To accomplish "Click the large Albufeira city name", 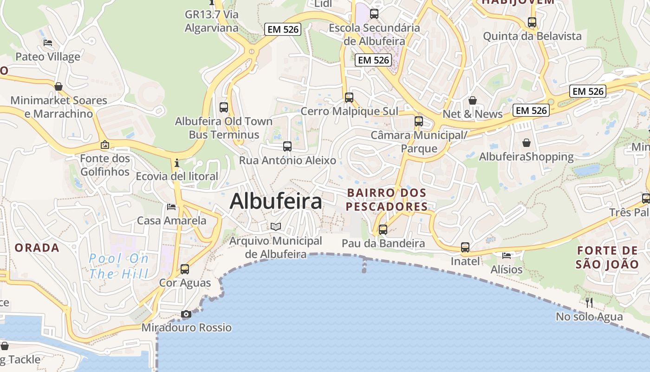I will [x=276, y=201].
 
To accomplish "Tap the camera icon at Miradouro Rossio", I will [x=186, y=314].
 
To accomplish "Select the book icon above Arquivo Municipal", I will [x=276, y=226].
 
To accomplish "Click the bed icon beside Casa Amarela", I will [x=171, y=206].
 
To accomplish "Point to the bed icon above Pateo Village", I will [x=48, y=43].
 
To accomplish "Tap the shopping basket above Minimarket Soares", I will [x=58, y=86].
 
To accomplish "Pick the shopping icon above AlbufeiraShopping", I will [x=526, y=143].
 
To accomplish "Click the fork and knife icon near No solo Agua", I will [x=589, y=303].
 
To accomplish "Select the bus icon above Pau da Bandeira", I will [x=383, y=229].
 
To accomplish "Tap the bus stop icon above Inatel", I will [x=465, y=247].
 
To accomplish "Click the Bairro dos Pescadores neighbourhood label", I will [x=387, y=199].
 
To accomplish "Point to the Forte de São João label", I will [x=607, y=258].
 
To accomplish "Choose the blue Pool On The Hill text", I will [x=119, y=266].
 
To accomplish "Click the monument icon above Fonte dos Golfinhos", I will [x=105, y=145].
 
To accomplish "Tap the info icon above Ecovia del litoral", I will [x=176, y=163].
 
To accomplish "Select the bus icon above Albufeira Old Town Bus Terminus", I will [x=224, y=107].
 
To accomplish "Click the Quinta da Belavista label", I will [x=532, y=36].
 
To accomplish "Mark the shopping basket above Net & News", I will [x=473, y=100].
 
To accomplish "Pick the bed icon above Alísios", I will [x=507, y=255].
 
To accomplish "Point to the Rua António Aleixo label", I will [x=287, y=160].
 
